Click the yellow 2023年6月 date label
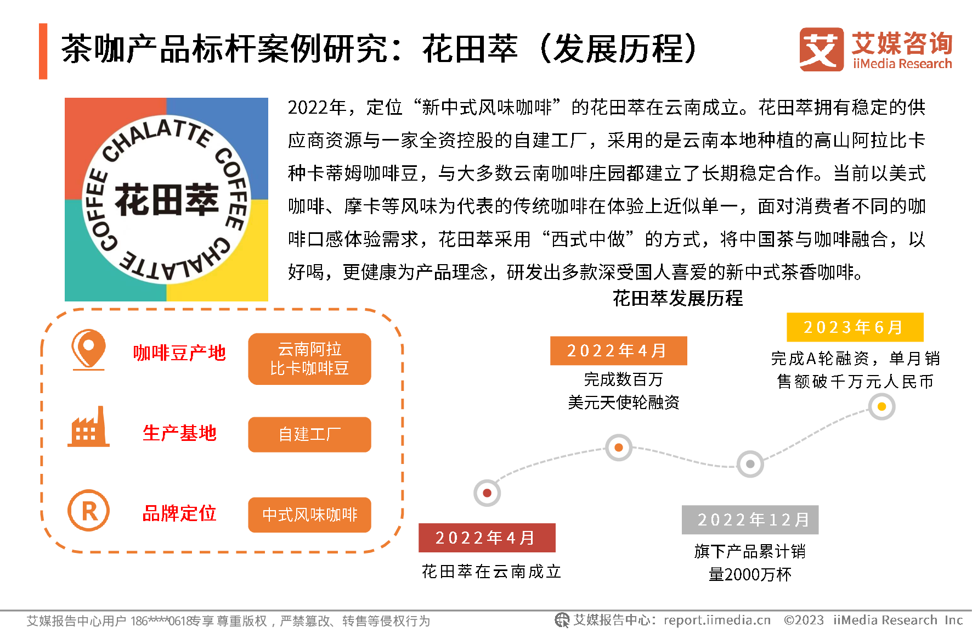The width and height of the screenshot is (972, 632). pos(855,327)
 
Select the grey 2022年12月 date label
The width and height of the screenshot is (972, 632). pos(750,519)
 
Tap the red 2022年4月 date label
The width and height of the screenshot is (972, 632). pos(487,538)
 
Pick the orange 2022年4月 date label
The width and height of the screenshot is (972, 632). pos(618,351)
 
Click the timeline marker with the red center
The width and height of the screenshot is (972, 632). pos(487,493)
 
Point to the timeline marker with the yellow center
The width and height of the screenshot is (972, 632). pos(881,407)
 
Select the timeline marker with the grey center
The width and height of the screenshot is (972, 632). pos(750,464)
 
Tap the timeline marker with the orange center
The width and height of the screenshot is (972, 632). pos(619,448)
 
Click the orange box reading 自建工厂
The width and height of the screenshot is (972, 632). pos(309,434)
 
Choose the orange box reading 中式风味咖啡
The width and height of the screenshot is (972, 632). pos(309,514)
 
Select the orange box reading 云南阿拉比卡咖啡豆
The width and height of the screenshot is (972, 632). pos(309,359)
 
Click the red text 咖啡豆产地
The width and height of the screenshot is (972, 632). pos(179,353)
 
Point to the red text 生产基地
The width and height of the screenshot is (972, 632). pos(179,433)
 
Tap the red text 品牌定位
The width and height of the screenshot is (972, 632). pos(179,513)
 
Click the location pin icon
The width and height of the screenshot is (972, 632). pos(88,349)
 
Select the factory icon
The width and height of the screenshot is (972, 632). pos(88,427)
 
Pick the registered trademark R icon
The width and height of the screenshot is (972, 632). pos(88,511)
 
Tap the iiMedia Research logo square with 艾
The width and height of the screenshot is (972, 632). pos(821,49)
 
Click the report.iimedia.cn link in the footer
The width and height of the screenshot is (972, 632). pos(717,620)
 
